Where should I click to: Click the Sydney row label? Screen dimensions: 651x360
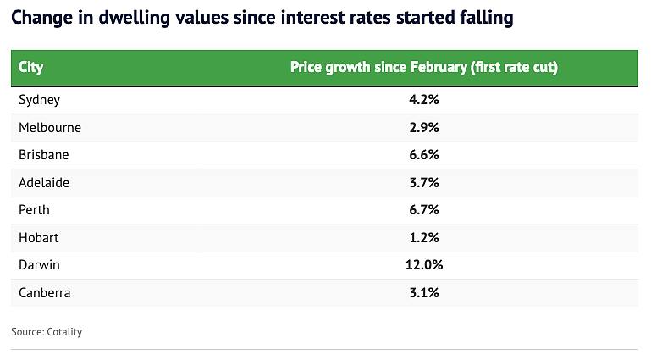tap(40, 100)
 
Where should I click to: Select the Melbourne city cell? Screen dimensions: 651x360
tap(50, 127)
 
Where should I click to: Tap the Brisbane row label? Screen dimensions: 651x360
tap(43, 155)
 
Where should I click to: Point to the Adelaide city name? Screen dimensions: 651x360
tap(44, 182)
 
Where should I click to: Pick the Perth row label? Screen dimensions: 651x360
tap(34, 210)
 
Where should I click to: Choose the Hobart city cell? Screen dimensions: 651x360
tap(39, 237)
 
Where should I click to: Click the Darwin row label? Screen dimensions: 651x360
tap(39, 265)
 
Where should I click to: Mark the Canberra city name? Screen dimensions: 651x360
tap(44, 293)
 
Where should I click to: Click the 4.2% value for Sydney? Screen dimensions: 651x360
tap(424, 100)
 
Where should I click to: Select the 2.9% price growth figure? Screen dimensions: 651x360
tap(424, 127)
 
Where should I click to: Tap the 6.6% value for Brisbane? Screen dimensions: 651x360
tap(424, 155)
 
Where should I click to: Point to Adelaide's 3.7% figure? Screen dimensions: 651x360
tap(424, 182)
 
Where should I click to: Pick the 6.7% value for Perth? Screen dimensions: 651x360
tap(424, 210)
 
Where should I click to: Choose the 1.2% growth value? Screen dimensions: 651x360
tap(424, 237)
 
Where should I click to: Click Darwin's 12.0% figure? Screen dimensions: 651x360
tap(424, 265)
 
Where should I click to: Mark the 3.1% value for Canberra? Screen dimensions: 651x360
tap(424, 293)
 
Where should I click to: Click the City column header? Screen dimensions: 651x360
tap(30, 67)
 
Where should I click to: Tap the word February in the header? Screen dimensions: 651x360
tap(439, 67)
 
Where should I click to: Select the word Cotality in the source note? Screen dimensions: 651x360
tap(64, 332)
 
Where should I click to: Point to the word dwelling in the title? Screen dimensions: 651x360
tap(134, 18)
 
